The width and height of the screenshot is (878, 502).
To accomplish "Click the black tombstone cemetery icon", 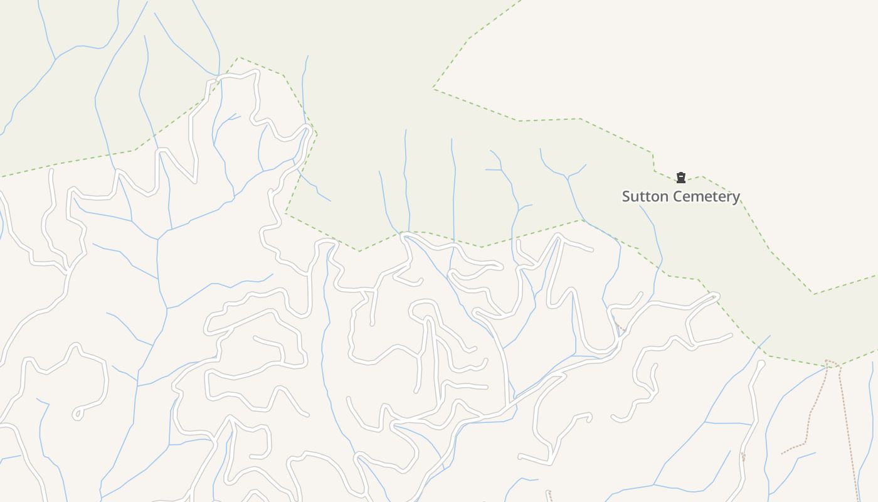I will coord(681,178).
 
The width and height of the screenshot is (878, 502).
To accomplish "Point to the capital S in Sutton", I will coord(627,196).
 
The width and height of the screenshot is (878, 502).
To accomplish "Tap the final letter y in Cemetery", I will coord(736,198).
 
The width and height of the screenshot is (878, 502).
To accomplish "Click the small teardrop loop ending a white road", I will coord(77,414).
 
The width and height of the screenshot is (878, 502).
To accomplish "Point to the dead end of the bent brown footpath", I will coord(782,453).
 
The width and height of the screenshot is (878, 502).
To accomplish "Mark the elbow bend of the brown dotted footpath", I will coord(805,443).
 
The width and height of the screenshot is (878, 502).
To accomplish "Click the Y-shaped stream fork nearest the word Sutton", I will coord(568,176).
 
